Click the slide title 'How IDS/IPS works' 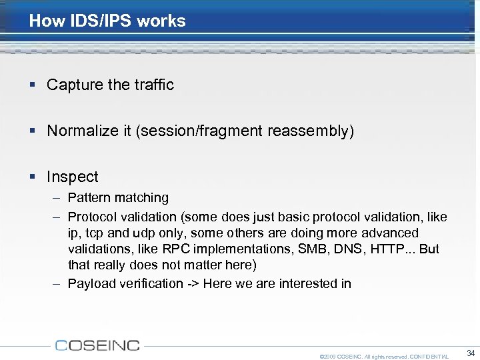tap(107, 21)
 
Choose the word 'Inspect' tap(73, 177)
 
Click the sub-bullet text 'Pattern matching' tap(118, 197)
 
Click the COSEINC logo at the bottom tap(98, 345)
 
